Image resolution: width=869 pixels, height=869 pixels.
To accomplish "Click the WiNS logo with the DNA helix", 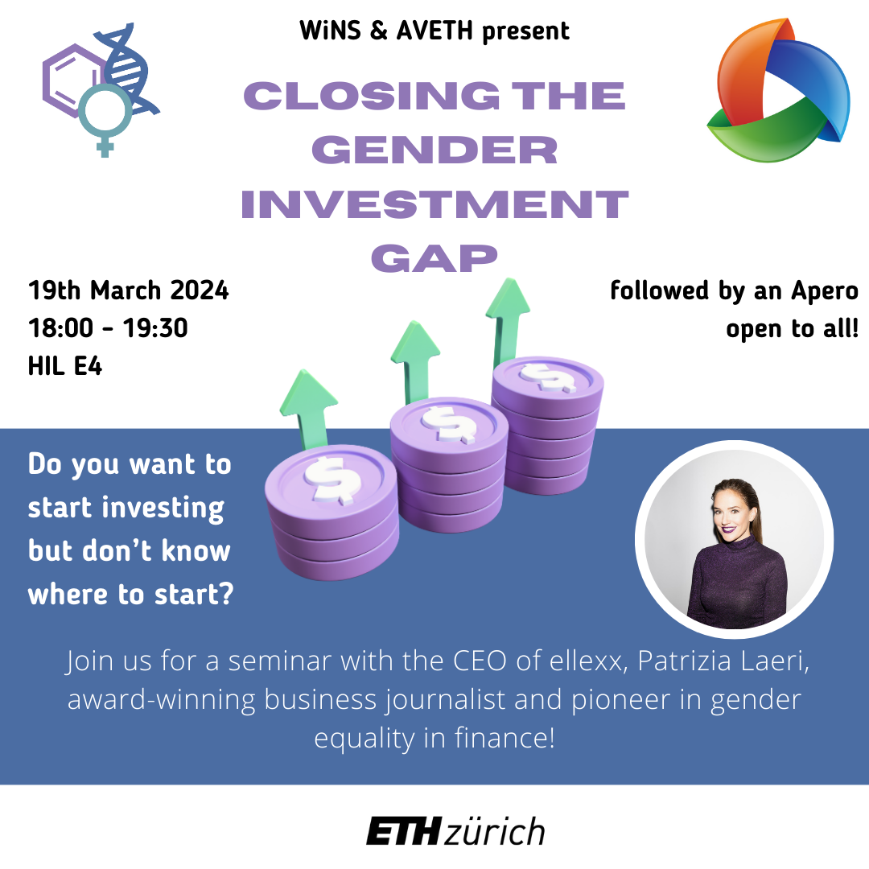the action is (101, 89).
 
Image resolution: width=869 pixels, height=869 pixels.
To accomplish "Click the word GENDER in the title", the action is (434, 150).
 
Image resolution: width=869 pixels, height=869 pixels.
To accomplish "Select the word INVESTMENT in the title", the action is (434, 204).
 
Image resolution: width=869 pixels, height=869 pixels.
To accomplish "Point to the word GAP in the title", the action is (434, 258).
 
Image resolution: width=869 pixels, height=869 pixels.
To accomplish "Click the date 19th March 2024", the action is (128, 290).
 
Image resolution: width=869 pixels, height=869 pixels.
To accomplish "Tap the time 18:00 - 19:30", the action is (108, 328).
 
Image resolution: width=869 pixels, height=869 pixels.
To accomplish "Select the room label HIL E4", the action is (65, 366).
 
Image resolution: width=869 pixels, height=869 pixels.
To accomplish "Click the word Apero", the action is (825, 291).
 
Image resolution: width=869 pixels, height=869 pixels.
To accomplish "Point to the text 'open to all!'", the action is (793, 328).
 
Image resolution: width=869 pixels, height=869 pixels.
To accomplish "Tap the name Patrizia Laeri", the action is (724, 661).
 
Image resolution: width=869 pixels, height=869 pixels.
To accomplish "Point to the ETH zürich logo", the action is (455, 831).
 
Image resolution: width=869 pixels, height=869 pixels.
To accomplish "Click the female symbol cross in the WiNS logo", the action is (105, 146).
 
